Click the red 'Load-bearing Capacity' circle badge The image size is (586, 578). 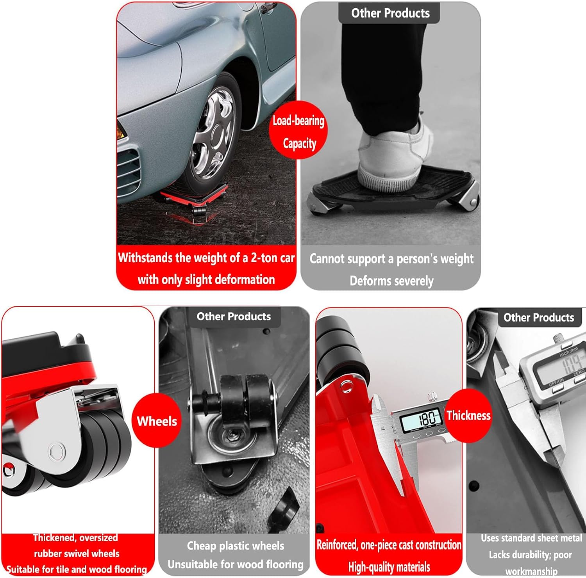click(298, 130)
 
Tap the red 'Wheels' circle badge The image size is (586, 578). click(156, 420)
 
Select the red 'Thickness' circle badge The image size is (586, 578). click(468, 415)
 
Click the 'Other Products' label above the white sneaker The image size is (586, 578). click(390, 13)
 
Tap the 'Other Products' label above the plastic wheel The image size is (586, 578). click(234, 316)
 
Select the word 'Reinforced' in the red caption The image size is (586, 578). click(337, 545)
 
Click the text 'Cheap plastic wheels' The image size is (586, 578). click(235, 546)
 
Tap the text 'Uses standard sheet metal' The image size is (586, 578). click(531, 538)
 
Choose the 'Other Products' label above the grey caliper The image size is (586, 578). click(539, 317)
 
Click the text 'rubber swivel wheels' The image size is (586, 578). click(77, 553)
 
